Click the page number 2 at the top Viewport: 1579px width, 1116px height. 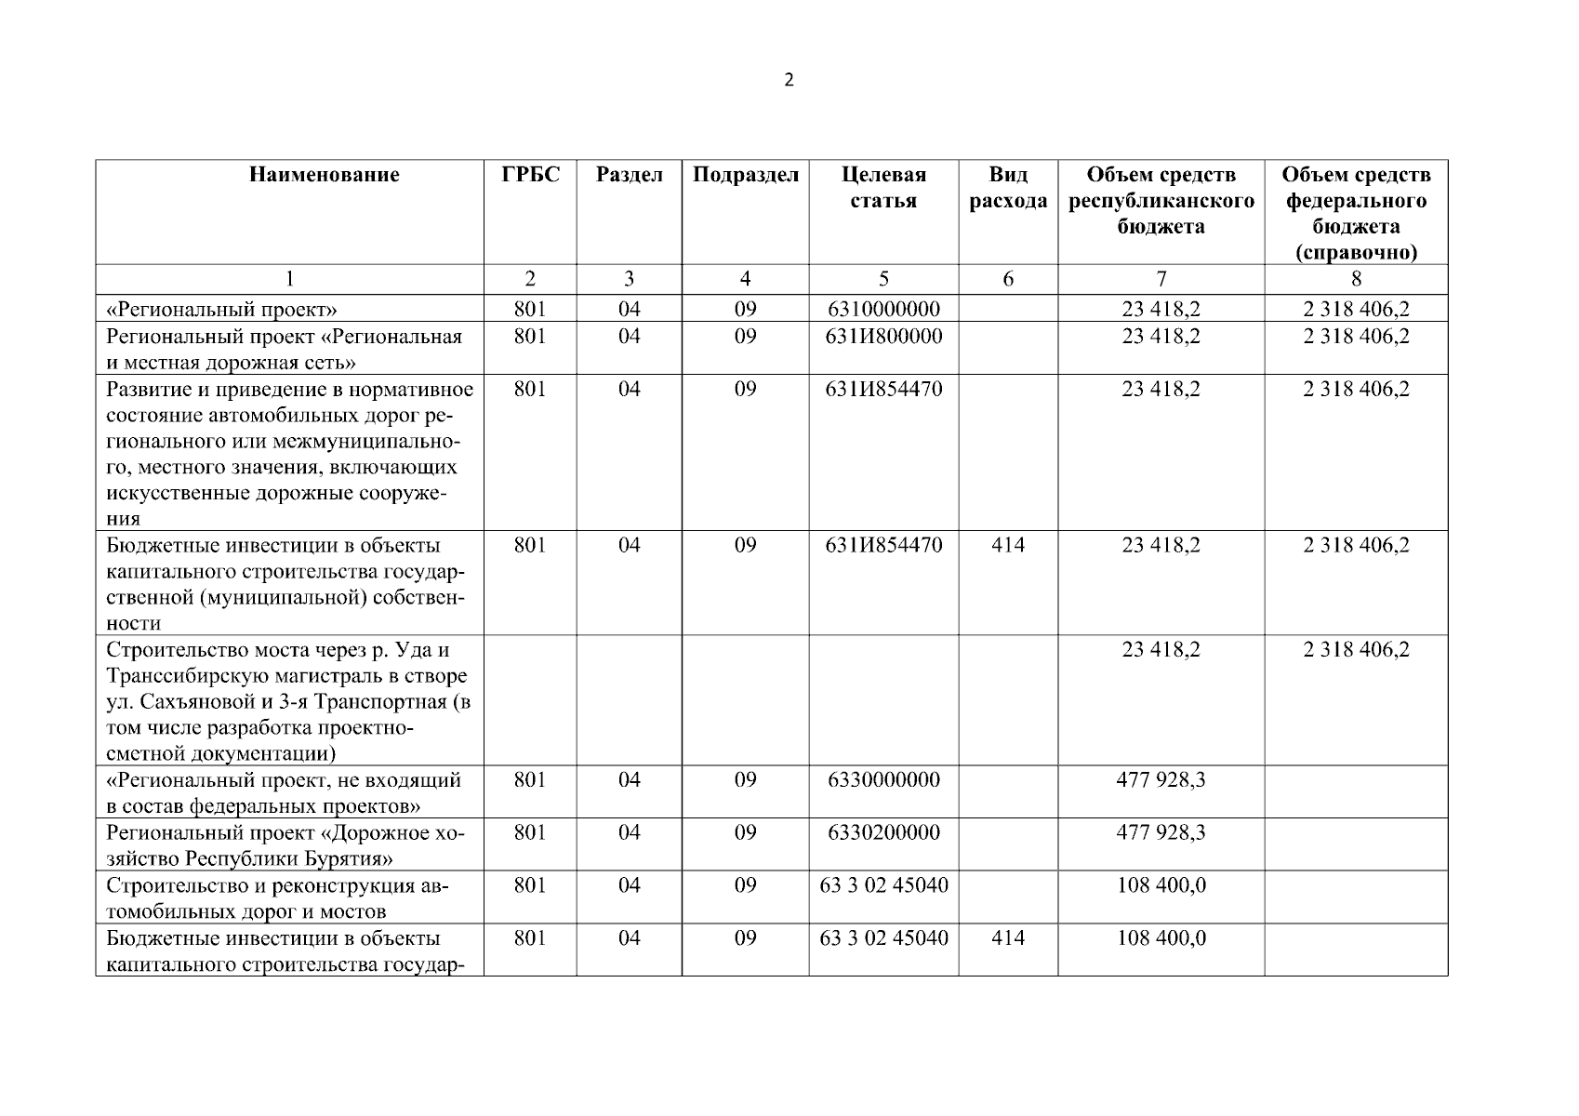pyautogui.click(x=789, y=80)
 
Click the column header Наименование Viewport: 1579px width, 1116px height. pyautogui.click(x=325, y=175)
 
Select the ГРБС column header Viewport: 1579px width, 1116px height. pyautogui.click(x=530, y=175)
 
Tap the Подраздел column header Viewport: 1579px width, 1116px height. pyautogui.click(x=745, y=175)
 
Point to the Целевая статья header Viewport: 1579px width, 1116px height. pyautogui.click(x=883, y=188)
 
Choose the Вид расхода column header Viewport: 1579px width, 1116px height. pyautogui.click(x=1008, y=188)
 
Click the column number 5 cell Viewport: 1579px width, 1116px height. pyautogui.click(x=883, y=278)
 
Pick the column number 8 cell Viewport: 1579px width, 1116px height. pyautogui.click(x=1356, y=278)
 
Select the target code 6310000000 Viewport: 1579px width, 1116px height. pyautogui.click(x=883, y=309)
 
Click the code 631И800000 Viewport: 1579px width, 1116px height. pyautogui.click(x=883, y=336)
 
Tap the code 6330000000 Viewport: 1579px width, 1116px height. pyautogui.click(x=883, y=779)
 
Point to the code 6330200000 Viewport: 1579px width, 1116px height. pyautogui.click(x=883, y=832)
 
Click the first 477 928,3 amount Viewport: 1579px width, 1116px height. pyautogui.click(x=1161, y=779)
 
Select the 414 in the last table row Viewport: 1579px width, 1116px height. pyautogui.click(x=1008, y=937)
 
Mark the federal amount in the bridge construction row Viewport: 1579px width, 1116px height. pyautogui.click(x=1356, y=649)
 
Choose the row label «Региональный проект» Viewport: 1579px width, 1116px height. pyautogui.click(x=221, y=309)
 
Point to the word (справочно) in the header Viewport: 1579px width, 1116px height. pyautogui.click(x=1356, y=253)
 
